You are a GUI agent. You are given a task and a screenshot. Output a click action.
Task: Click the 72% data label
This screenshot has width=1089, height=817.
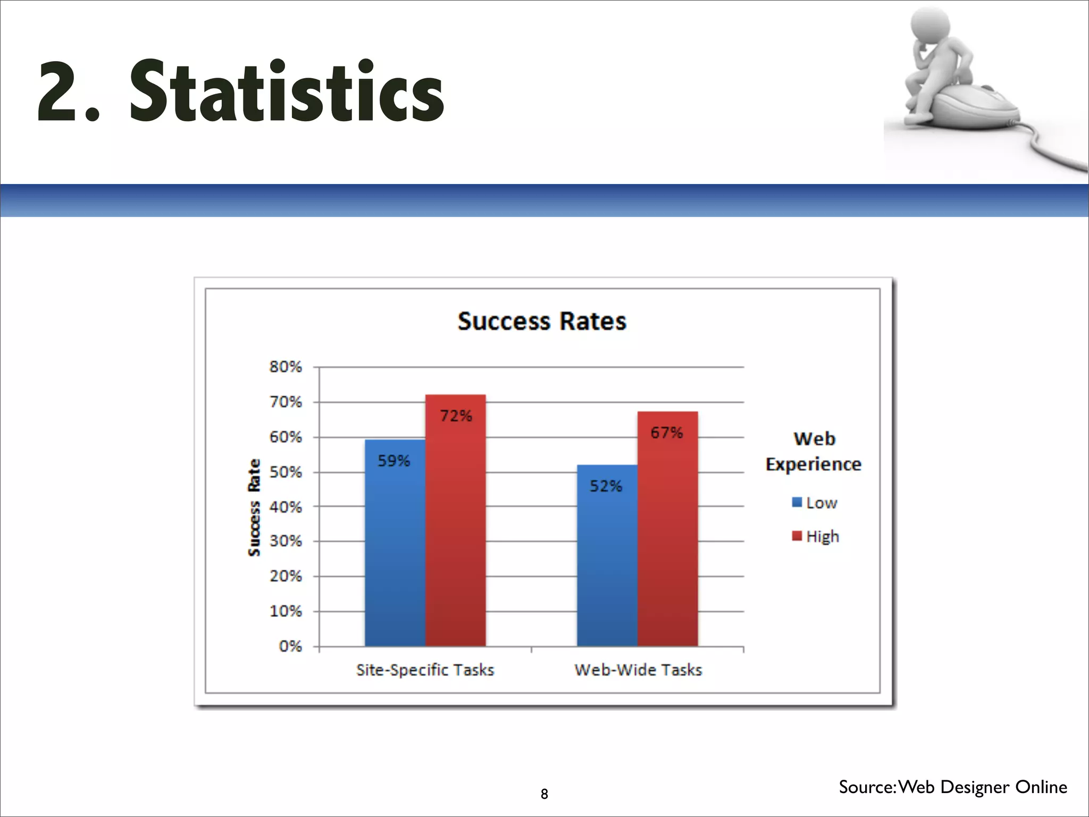456,416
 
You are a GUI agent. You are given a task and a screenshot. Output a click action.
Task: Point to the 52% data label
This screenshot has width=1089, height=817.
606,486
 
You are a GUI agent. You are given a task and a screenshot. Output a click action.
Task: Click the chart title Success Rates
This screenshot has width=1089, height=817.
542,322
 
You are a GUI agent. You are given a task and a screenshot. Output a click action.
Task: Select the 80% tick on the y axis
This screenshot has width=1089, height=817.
286,367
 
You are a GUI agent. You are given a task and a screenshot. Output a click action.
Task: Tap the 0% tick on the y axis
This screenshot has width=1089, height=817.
290,647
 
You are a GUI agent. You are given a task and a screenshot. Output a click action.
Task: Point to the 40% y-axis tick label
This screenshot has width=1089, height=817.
286,507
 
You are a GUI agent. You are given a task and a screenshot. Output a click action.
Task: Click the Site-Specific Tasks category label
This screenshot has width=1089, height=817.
425,670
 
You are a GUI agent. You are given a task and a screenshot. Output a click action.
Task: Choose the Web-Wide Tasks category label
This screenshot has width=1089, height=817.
638,670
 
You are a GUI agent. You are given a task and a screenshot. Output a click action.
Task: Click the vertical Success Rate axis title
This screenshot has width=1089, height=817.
255,507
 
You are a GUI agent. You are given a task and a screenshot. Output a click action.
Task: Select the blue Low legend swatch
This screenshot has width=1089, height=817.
797,502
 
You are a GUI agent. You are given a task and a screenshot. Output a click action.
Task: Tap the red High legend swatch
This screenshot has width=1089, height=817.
797,536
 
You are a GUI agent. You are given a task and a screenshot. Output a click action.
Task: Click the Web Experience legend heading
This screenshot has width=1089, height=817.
814,452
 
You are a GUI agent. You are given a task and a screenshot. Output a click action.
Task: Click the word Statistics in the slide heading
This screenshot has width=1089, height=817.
287,91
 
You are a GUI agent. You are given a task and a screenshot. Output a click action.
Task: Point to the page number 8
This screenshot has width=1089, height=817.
544,794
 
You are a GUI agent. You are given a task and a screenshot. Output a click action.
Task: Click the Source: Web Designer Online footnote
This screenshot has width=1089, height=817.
952,787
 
